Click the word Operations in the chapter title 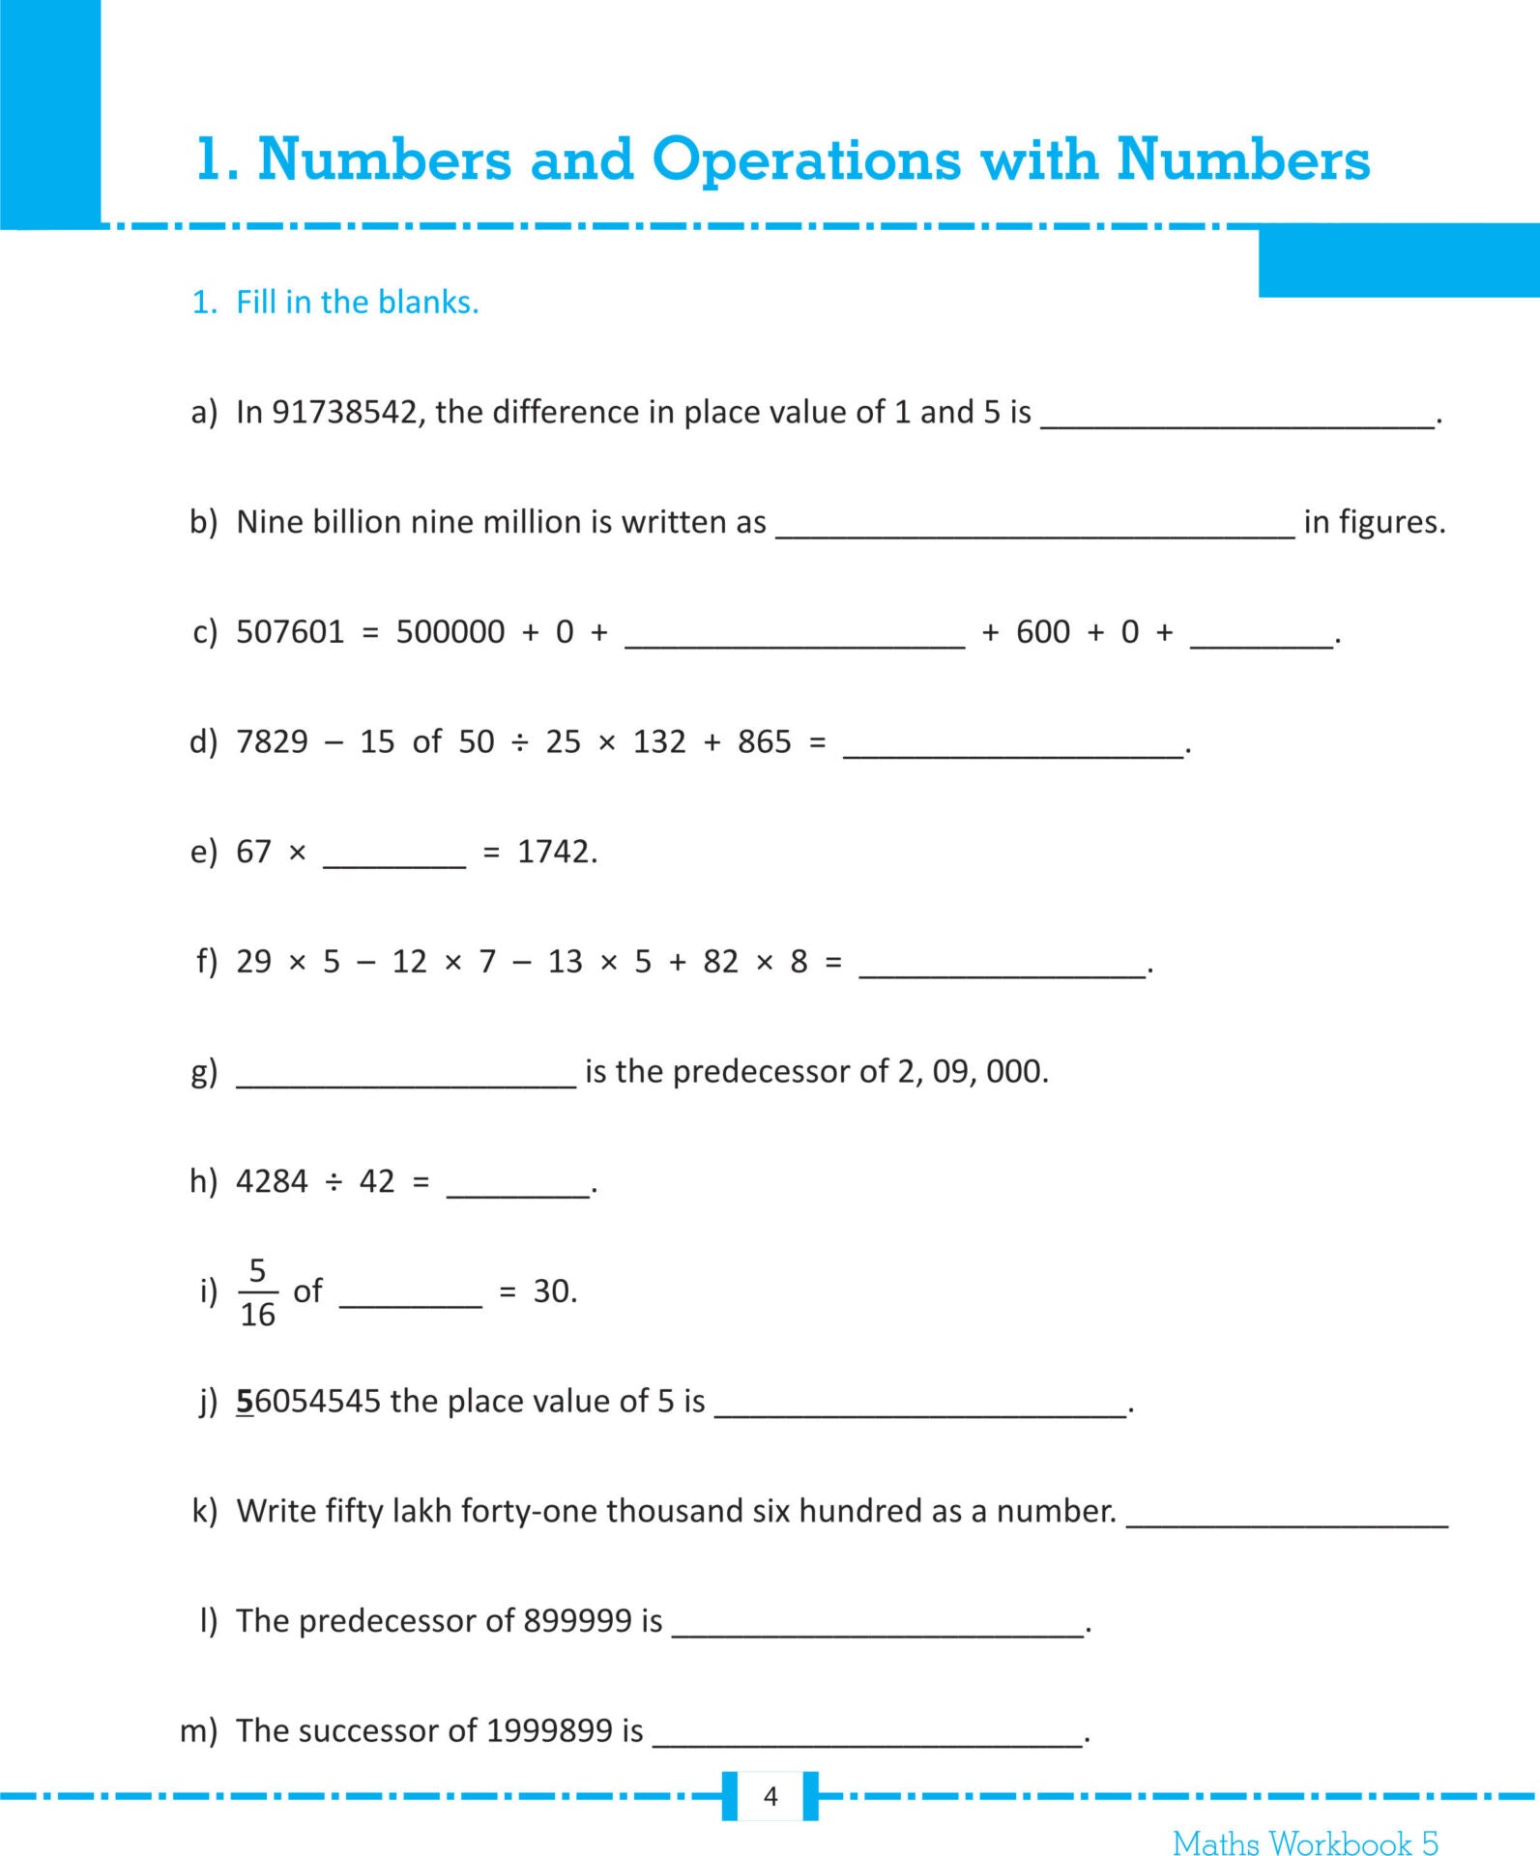coord(806,159)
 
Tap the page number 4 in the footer coord(770,1796)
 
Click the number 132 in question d coord(659,742)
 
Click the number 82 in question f coord(721,962)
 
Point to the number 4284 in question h coord(272,1181)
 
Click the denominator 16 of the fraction coord(257,1315)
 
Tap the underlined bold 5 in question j coord(245,1402)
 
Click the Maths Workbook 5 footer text coord(1305,1842)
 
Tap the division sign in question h coord(334,1181)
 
